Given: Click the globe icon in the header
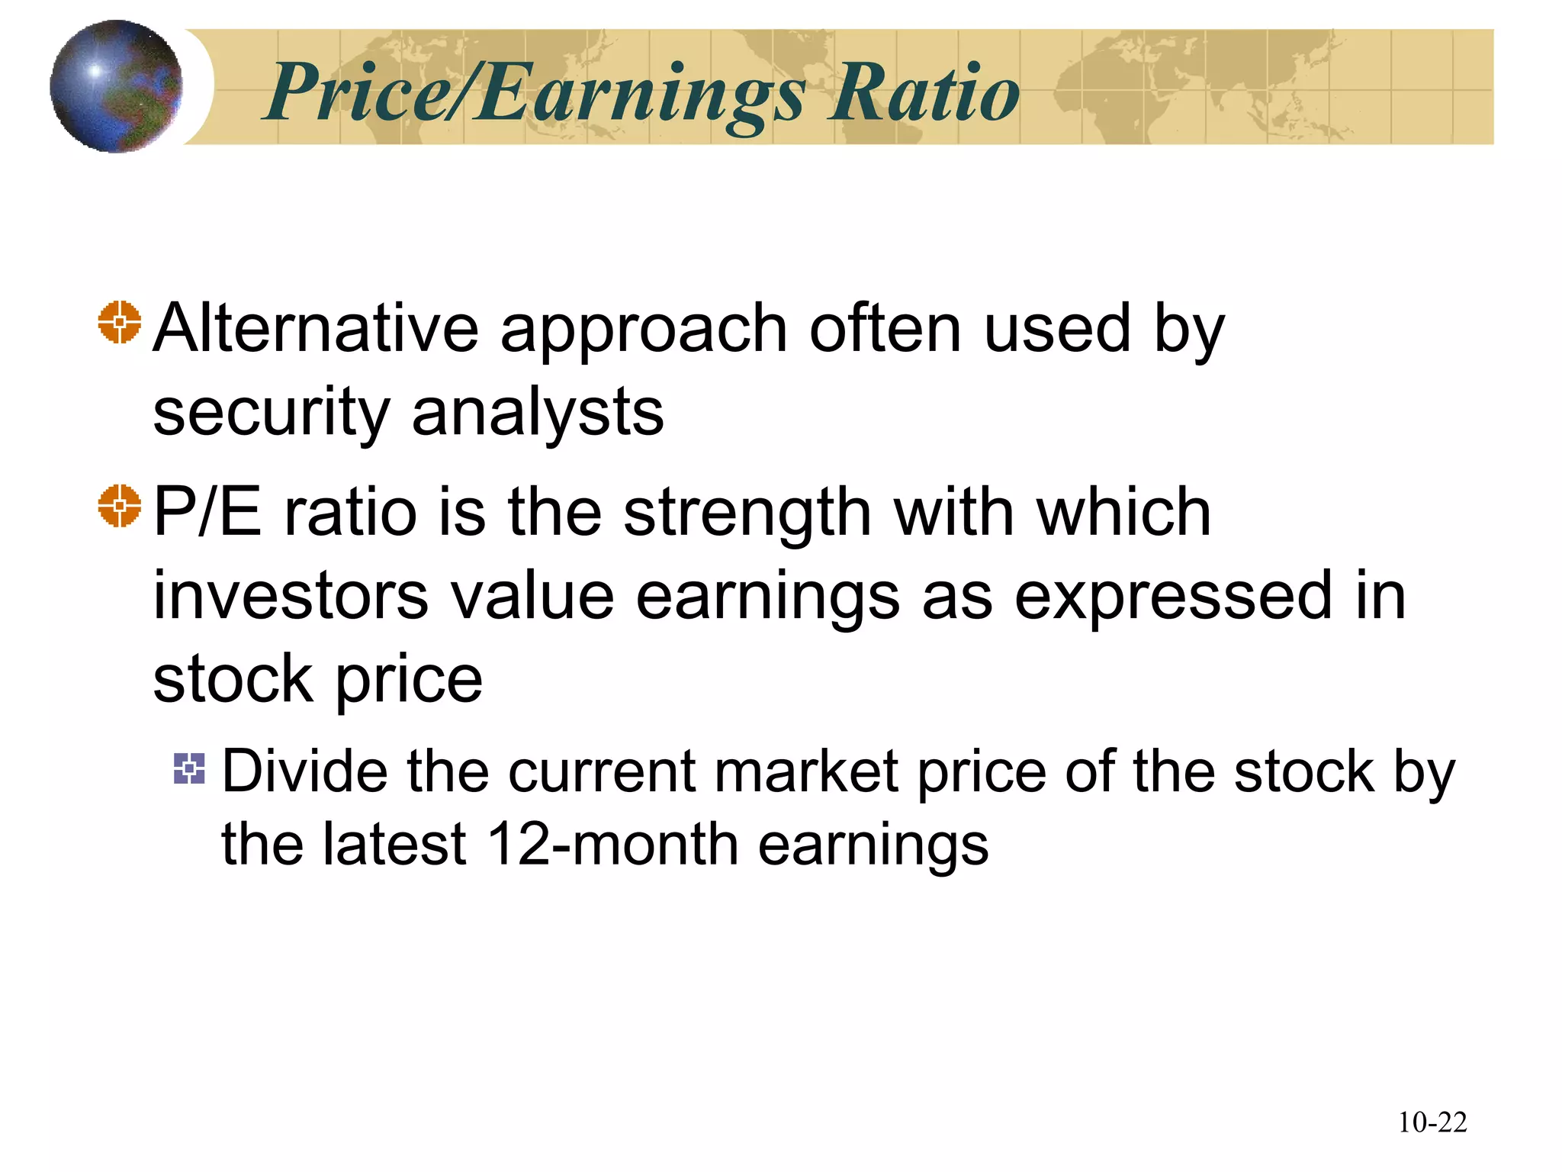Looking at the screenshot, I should tap(116, 86).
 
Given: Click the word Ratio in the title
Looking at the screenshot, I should tap(924, 93).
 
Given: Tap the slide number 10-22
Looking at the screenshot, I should tap(1432, 1122).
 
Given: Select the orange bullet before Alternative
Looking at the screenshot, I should tap(120, 323).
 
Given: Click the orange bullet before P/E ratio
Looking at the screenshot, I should tap(120, 506).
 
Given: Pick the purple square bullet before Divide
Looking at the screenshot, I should tap(189, 768).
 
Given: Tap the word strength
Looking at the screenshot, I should tap(747, 513).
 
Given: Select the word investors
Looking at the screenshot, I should tap(291, 596).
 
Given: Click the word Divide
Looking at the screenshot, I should tap(304, 771).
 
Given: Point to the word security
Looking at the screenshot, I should tap(272, 414).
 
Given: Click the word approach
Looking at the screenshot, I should tap(644, 330).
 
